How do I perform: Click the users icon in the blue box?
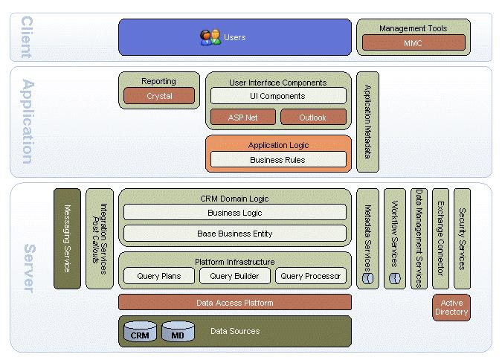210,37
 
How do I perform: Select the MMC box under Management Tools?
412,43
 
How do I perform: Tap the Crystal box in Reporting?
159,96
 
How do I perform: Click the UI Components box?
278,96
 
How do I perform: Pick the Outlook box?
313,117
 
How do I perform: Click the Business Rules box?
278,159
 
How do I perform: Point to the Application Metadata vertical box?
367,122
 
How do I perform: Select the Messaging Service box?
67,238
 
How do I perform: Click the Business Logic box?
234,213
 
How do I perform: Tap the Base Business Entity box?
234,234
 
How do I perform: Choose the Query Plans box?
158,276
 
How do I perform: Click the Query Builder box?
234,276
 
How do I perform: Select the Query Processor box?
310,276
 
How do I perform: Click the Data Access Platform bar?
234,303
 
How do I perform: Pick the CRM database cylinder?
140,332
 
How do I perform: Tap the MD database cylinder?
177,332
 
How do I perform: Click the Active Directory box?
451,307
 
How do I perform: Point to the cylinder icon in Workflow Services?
395,278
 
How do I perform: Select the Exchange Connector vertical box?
440,238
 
